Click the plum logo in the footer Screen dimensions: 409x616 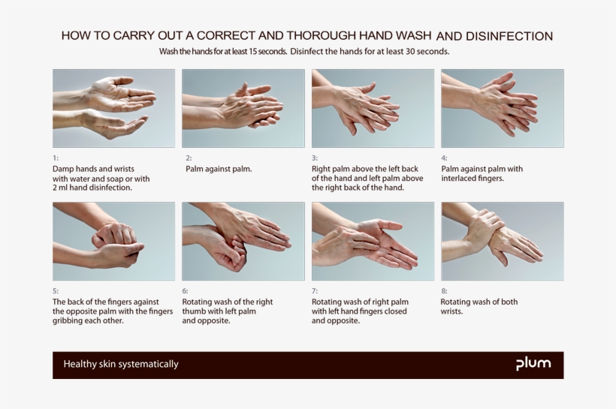point(533,364)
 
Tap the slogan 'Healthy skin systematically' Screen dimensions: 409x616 point(121,365)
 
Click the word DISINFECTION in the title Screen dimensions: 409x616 point(509,36)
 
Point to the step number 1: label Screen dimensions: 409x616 point(56,158)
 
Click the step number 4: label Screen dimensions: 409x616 point(444,158)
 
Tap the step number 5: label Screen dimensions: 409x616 point(56,291)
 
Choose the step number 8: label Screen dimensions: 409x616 point(444,291)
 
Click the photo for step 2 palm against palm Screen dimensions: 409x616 point(243,108)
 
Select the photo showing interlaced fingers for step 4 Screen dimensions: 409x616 point(502,108)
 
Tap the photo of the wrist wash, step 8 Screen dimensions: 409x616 point(502,241)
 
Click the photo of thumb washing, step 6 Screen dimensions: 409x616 point(243,241)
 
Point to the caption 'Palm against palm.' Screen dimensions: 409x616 point(219,169)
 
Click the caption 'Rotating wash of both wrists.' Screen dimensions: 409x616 point(479,306)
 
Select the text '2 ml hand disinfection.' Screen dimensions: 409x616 point(92,188)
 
